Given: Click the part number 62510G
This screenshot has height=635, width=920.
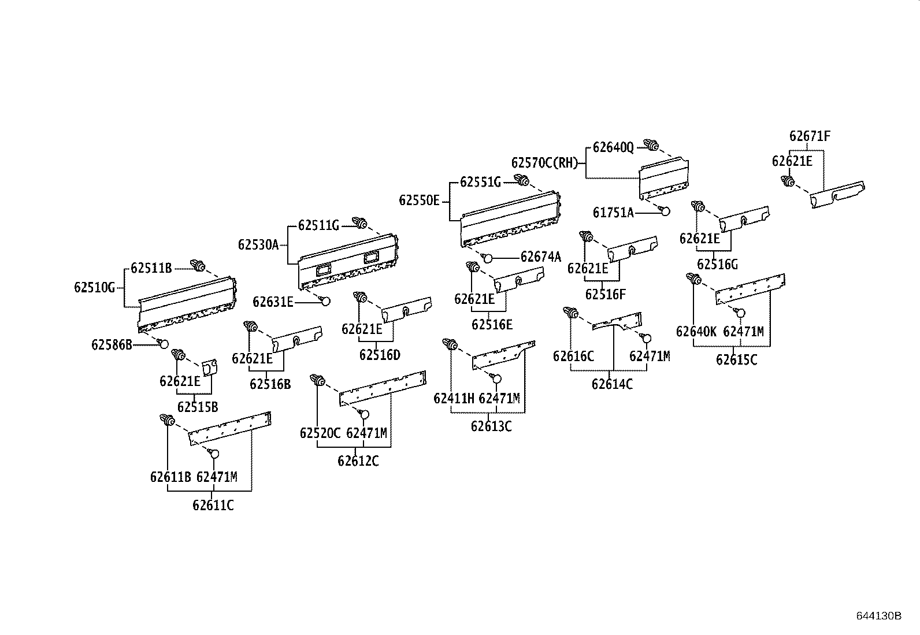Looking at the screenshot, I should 95,287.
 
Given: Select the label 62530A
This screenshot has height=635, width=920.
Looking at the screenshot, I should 258,244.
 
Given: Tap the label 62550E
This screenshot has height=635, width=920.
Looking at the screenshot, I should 420,200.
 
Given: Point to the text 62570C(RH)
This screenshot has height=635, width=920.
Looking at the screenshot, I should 545,162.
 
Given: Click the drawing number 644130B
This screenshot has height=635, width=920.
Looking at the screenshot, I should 878,616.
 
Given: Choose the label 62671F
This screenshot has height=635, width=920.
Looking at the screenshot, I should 810,136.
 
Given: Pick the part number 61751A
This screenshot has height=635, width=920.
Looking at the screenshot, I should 613,213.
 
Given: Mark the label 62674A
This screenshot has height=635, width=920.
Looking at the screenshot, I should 541,257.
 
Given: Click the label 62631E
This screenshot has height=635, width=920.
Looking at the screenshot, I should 273,302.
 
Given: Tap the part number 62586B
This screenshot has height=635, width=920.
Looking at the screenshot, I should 112,345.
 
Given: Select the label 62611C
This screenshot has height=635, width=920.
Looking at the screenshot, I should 213,506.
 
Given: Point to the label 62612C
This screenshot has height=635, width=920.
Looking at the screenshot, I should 358,461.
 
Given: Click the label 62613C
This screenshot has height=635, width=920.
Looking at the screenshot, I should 491,426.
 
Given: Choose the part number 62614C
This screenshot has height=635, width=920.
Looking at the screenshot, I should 612,384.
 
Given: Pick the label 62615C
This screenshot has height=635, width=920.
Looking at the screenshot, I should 736,359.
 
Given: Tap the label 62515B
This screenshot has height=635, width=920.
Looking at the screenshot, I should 198,407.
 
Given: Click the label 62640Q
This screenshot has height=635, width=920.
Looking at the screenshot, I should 613,148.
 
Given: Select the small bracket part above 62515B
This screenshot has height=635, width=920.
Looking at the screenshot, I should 209,367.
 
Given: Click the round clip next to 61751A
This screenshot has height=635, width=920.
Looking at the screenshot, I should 665,210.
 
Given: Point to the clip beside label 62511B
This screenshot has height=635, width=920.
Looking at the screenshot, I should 198,266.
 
